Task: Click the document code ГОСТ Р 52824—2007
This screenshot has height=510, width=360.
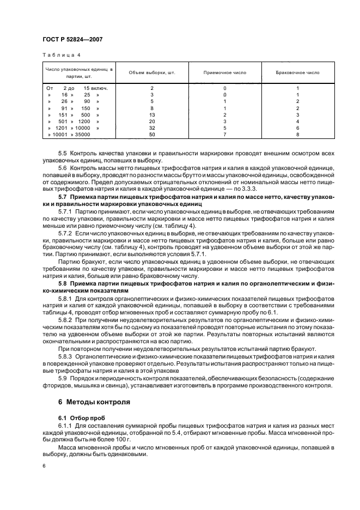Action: pyautogui.click(x=72, y=40)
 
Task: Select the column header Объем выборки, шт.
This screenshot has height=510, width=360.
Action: pyautogui.click(x=152, y=73)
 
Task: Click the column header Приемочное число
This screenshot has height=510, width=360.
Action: pyautogui.click(x=224, y=73)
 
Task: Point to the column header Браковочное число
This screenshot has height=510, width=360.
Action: pyautogui.click(x=298, y=73)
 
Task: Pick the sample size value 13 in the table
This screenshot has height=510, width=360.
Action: pyautogui.click(x=152, y=115)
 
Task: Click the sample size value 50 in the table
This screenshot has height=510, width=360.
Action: pyautogui.click(x=152, y=135)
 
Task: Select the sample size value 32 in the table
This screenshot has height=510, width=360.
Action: pyautogui.click(x=152, y=128)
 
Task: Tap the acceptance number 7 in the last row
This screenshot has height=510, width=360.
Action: pyautogui.click(x=224, y=135)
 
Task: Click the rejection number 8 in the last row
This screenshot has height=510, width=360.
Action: pyautogui.click(x=298, y=135)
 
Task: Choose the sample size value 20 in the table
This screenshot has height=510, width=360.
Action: pyautogui.click(x=152, y=122)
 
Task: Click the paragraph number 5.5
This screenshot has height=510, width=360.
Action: pyautogui.click(x=63, y=154)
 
